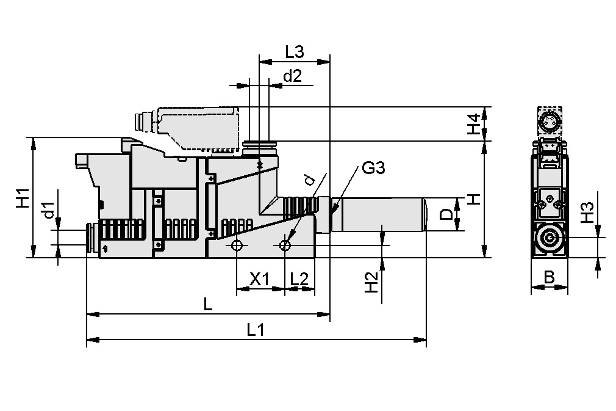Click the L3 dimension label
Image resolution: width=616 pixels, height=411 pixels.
pyautogui.click(x=295, y=52)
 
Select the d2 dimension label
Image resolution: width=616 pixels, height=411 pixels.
pyautogui.click(x=293, y=76)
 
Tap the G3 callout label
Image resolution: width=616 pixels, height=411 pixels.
pyautogui.click(x=373, y=168)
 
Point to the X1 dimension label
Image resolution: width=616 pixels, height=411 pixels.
pyautogui.click(x=260, y=279)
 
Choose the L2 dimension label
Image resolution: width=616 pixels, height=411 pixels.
pyautogui.click(x=299, y=279)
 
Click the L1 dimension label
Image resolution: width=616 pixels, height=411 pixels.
pyautogui.click(x=256, y=330)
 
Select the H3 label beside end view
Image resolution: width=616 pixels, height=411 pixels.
pyautogui.click(x=586, y=213)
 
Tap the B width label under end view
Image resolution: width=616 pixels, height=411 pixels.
pyautogui.click(x=549, y=278)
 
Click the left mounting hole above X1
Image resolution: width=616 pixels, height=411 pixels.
pyautogui.click(x=237, y=246)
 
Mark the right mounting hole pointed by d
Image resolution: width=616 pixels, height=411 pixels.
pyautogui.click(x=285, y=246)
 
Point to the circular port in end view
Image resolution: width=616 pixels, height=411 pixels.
pyautogui.click(x=550, y=239)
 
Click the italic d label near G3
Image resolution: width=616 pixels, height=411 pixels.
pyautogui.click(x=309, y=180)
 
